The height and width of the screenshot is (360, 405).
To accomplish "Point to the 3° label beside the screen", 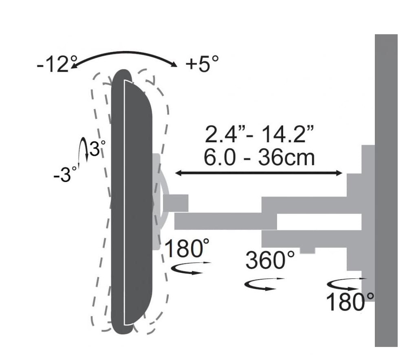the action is pos(97,148).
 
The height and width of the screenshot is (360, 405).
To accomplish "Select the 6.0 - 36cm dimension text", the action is pos(259,157).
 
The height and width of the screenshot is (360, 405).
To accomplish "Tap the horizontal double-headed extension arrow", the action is pos(259,173).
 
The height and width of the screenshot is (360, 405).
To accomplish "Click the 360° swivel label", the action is pos(270,259).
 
